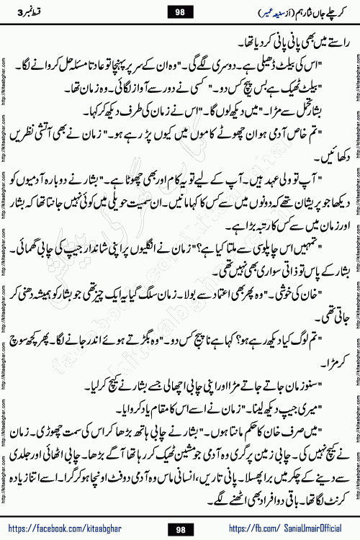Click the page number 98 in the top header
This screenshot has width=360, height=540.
(x=180, y=11)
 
